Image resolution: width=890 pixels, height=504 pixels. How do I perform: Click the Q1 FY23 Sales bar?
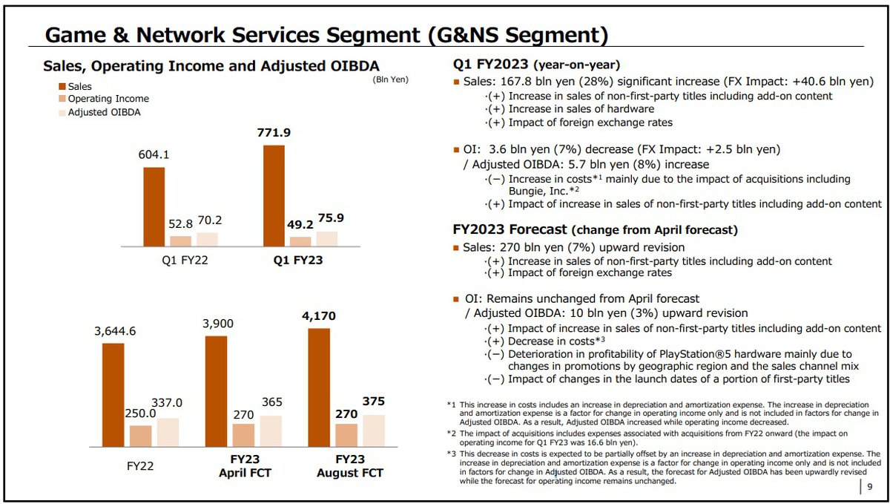[274, 195]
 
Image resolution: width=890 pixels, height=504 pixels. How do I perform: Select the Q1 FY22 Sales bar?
[154, 206]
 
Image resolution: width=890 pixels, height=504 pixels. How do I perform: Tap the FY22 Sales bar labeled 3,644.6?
[113, 395]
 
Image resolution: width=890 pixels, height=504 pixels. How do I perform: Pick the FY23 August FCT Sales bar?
[319, 387]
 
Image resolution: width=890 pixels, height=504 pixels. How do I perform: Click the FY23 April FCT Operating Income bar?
[243, 435]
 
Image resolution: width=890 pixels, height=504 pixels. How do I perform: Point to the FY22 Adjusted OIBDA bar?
[168, 432]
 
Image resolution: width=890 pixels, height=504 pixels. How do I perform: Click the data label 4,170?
[318, 316]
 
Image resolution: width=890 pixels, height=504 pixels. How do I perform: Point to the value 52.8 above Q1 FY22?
[179, 224]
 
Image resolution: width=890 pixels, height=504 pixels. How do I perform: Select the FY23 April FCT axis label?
[245, 466]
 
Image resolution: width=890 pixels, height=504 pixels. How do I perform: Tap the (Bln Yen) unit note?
[390, 79]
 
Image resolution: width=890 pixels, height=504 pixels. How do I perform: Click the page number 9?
[870, 488]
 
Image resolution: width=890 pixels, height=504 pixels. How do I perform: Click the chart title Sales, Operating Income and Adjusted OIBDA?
[211, 65]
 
